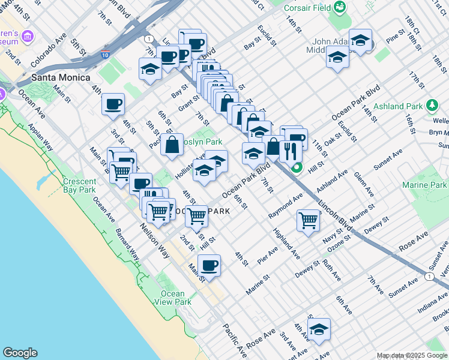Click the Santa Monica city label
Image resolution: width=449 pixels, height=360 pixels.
point(61,78)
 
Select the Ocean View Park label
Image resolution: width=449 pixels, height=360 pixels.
point(173,298)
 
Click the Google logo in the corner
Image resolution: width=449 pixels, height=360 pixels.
point(20,353)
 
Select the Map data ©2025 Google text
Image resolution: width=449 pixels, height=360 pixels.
point(412,355)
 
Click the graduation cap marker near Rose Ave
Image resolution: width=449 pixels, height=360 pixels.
point(319,329)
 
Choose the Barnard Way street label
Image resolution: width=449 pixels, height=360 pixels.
point(127,243)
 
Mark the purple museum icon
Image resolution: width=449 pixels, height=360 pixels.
point(27,37)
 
